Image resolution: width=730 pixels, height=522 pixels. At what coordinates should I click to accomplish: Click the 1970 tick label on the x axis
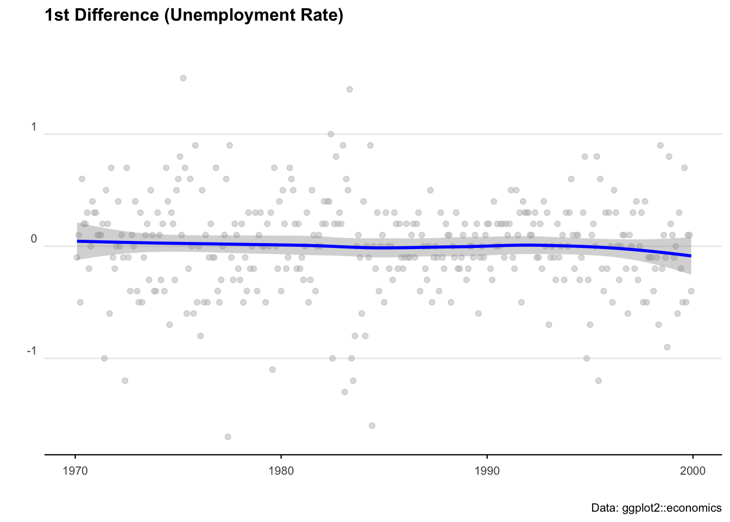[75, 470]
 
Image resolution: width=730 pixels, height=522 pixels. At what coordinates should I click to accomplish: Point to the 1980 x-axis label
[281, 470]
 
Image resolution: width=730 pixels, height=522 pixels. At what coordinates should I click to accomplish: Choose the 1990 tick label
[487, 470]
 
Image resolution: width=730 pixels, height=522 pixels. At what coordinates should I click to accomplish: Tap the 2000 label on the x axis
[693, 470]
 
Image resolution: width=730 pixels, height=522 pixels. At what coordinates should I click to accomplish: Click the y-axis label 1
[34, 127]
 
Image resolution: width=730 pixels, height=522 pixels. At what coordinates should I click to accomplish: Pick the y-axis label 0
[34, 239]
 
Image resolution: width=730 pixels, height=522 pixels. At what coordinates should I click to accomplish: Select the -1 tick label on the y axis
[32, 351]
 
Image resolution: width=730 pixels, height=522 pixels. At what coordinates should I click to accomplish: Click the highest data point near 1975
[183, 78]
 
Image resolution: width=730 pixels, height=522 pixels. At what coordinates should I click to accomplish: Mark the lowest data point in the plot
[228, 437]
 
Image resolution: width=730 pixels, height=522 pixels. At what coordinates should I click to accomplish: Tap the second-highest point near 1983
[349, 89]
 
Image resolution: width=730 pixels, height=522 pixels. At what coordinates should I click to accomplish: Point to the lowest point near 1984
[372, 425]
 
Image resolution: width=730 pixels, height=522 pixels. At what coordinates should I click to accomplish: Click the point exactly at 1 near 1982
[330, 134]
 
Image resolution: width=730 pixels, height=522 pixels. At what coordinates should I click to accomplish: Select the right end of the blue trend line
[690, 256]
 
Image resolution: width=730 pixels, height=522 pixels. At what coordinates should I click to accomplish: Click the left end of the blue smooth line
[78, 241]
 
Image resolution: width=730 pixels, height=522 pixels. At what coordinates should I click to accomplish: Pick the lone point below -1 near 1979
[272, 369]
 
